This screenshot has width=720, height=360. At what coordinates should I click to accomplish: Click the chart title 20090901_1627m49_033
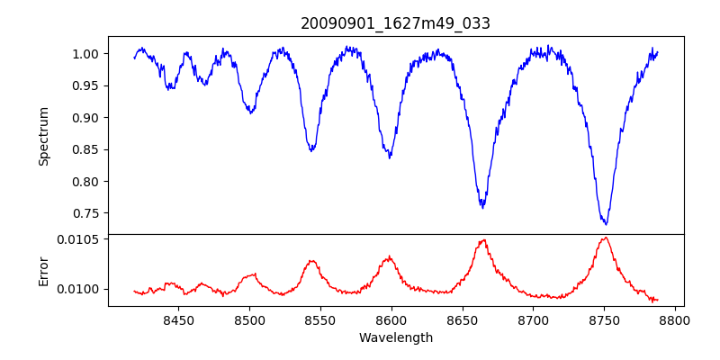pos(395,23)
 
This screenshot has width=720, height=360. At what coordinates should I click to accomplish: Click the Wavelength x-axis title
pos(395,338)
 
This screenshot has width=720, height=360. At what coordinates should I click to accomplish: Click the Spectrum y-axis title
pos(43,136)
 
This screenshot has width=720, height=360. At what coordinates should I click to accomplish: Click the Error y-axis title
pos(43,270)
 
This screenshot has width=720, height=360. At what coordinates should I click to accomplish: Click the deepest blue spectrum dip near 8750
pos(606,224)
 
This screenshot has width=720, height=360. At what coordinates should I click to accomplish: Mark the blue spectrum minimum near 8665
pos(482,207)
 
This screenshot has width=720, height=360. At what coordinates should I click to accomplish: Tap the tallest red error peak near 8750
pos(606,238)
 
